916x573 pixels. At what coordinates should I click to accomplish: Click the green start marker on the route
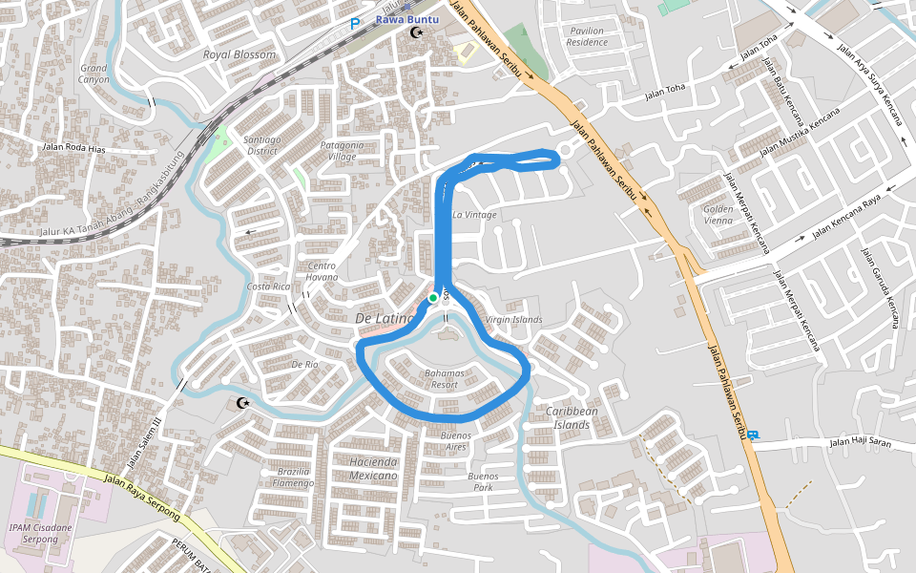433,298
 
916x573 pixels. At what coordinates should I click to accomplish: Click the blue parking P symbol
355,24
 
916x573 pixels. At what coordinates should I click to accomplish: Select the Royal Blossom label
239,54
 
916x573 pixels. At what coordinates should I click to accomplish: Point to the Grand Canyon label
94,74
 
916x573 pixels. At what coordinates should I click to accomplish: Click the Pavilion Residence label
586,36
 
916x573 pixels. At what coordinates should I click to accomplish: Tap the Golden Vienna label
718,214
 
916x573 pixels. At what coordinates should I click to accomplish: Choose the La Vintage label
474,215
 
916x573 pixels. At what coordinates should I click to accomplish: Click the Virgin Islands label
513,319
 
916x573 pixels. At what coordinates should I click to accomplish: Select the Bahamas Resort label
444,378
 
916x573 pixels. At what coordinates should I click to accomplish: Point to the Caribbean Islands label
572,417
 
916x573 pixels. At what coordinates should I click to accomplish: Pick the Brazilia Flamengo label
293,477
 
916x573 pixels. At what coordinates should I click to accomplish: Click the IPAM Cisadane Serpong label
33,533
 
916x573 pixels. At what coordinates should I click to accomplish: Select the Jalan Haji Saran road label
860,441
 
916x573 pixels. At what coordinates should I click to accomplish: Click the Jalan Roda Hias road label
72,147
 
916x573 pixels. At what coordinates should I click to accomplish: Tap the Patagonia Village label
342,151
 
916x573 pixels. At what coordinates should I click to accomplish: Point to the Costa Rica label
268,286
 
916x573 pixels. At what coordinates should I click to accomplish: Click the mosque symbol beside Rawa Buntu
416,33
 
